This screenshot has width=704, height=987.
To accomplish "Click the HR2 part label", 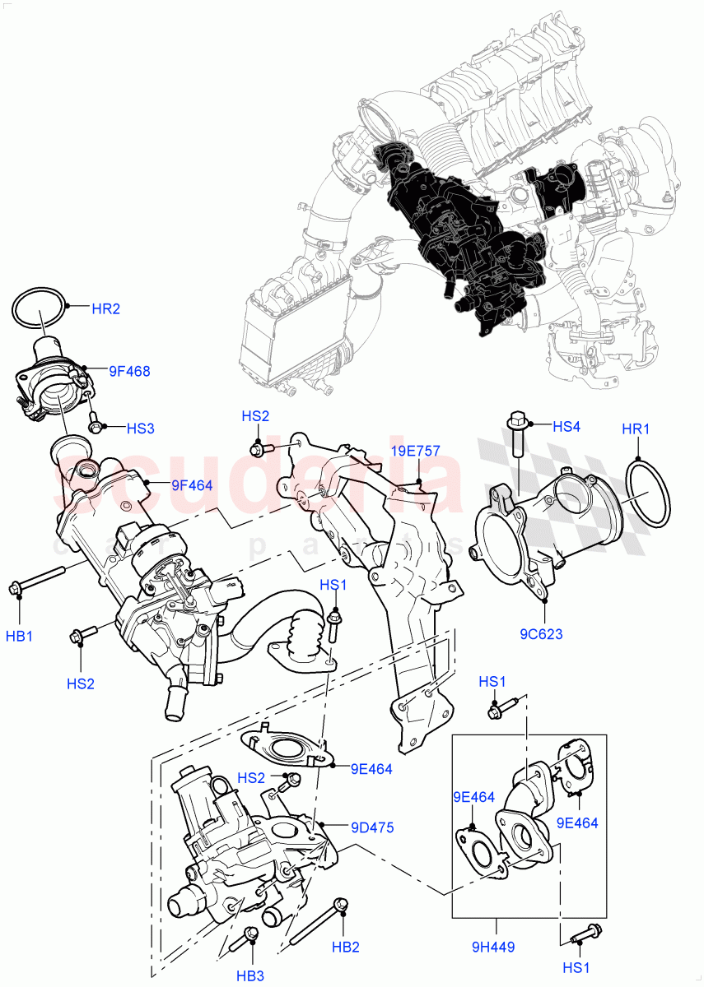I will tap(105, 309).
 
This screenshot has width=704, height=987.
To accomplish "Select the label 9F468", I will tap(129, 372).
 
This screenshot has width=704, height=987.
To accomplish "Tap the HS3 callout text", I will tap(141, 429).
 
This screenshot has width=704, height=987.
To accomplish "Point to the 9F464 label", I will tap(192, 485).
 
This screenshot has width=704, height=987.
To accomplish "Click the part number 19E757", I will tap(415, 452).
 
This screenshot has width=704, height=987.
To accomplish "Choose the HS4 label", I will tap(566, 426).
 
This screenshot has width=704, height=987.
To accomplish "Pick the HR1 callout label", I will tap(636, 429).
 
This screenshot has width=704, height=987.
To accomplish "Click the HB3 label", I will tap(251, 975).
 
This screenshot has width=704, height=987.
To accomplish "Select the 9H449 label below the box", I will tap(494, 947).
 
